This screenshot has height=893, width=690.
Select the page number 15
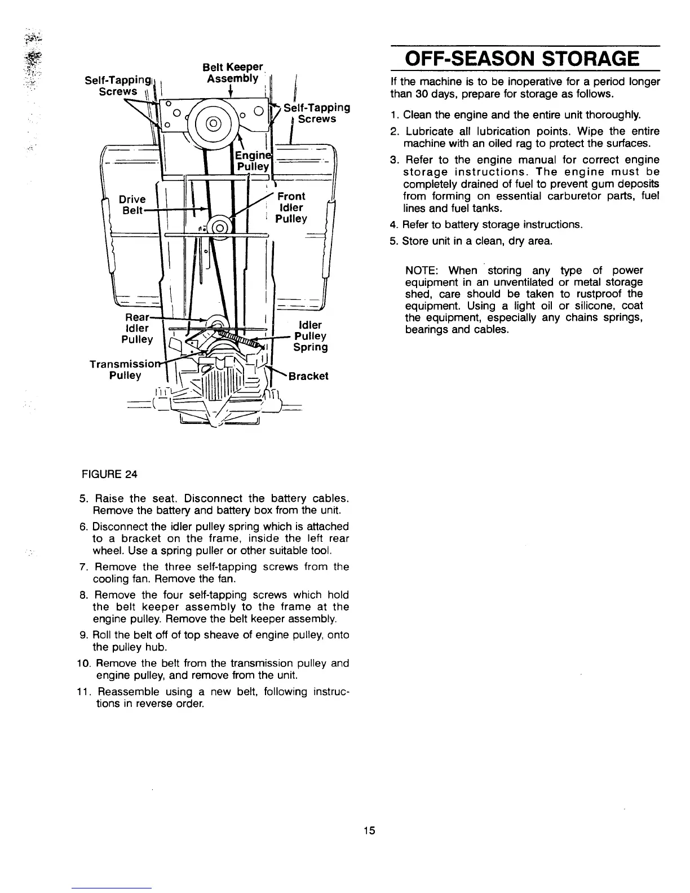coord(369,830)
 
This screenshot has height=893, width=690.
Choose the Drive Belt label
coord(133,205)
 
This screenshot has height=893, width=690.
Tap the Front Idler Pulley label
coord(291,207)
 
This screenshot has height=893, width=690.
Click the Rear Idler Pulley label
coord(136,328)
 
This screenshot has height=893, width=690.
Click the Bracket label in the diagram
coord(308,376)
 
